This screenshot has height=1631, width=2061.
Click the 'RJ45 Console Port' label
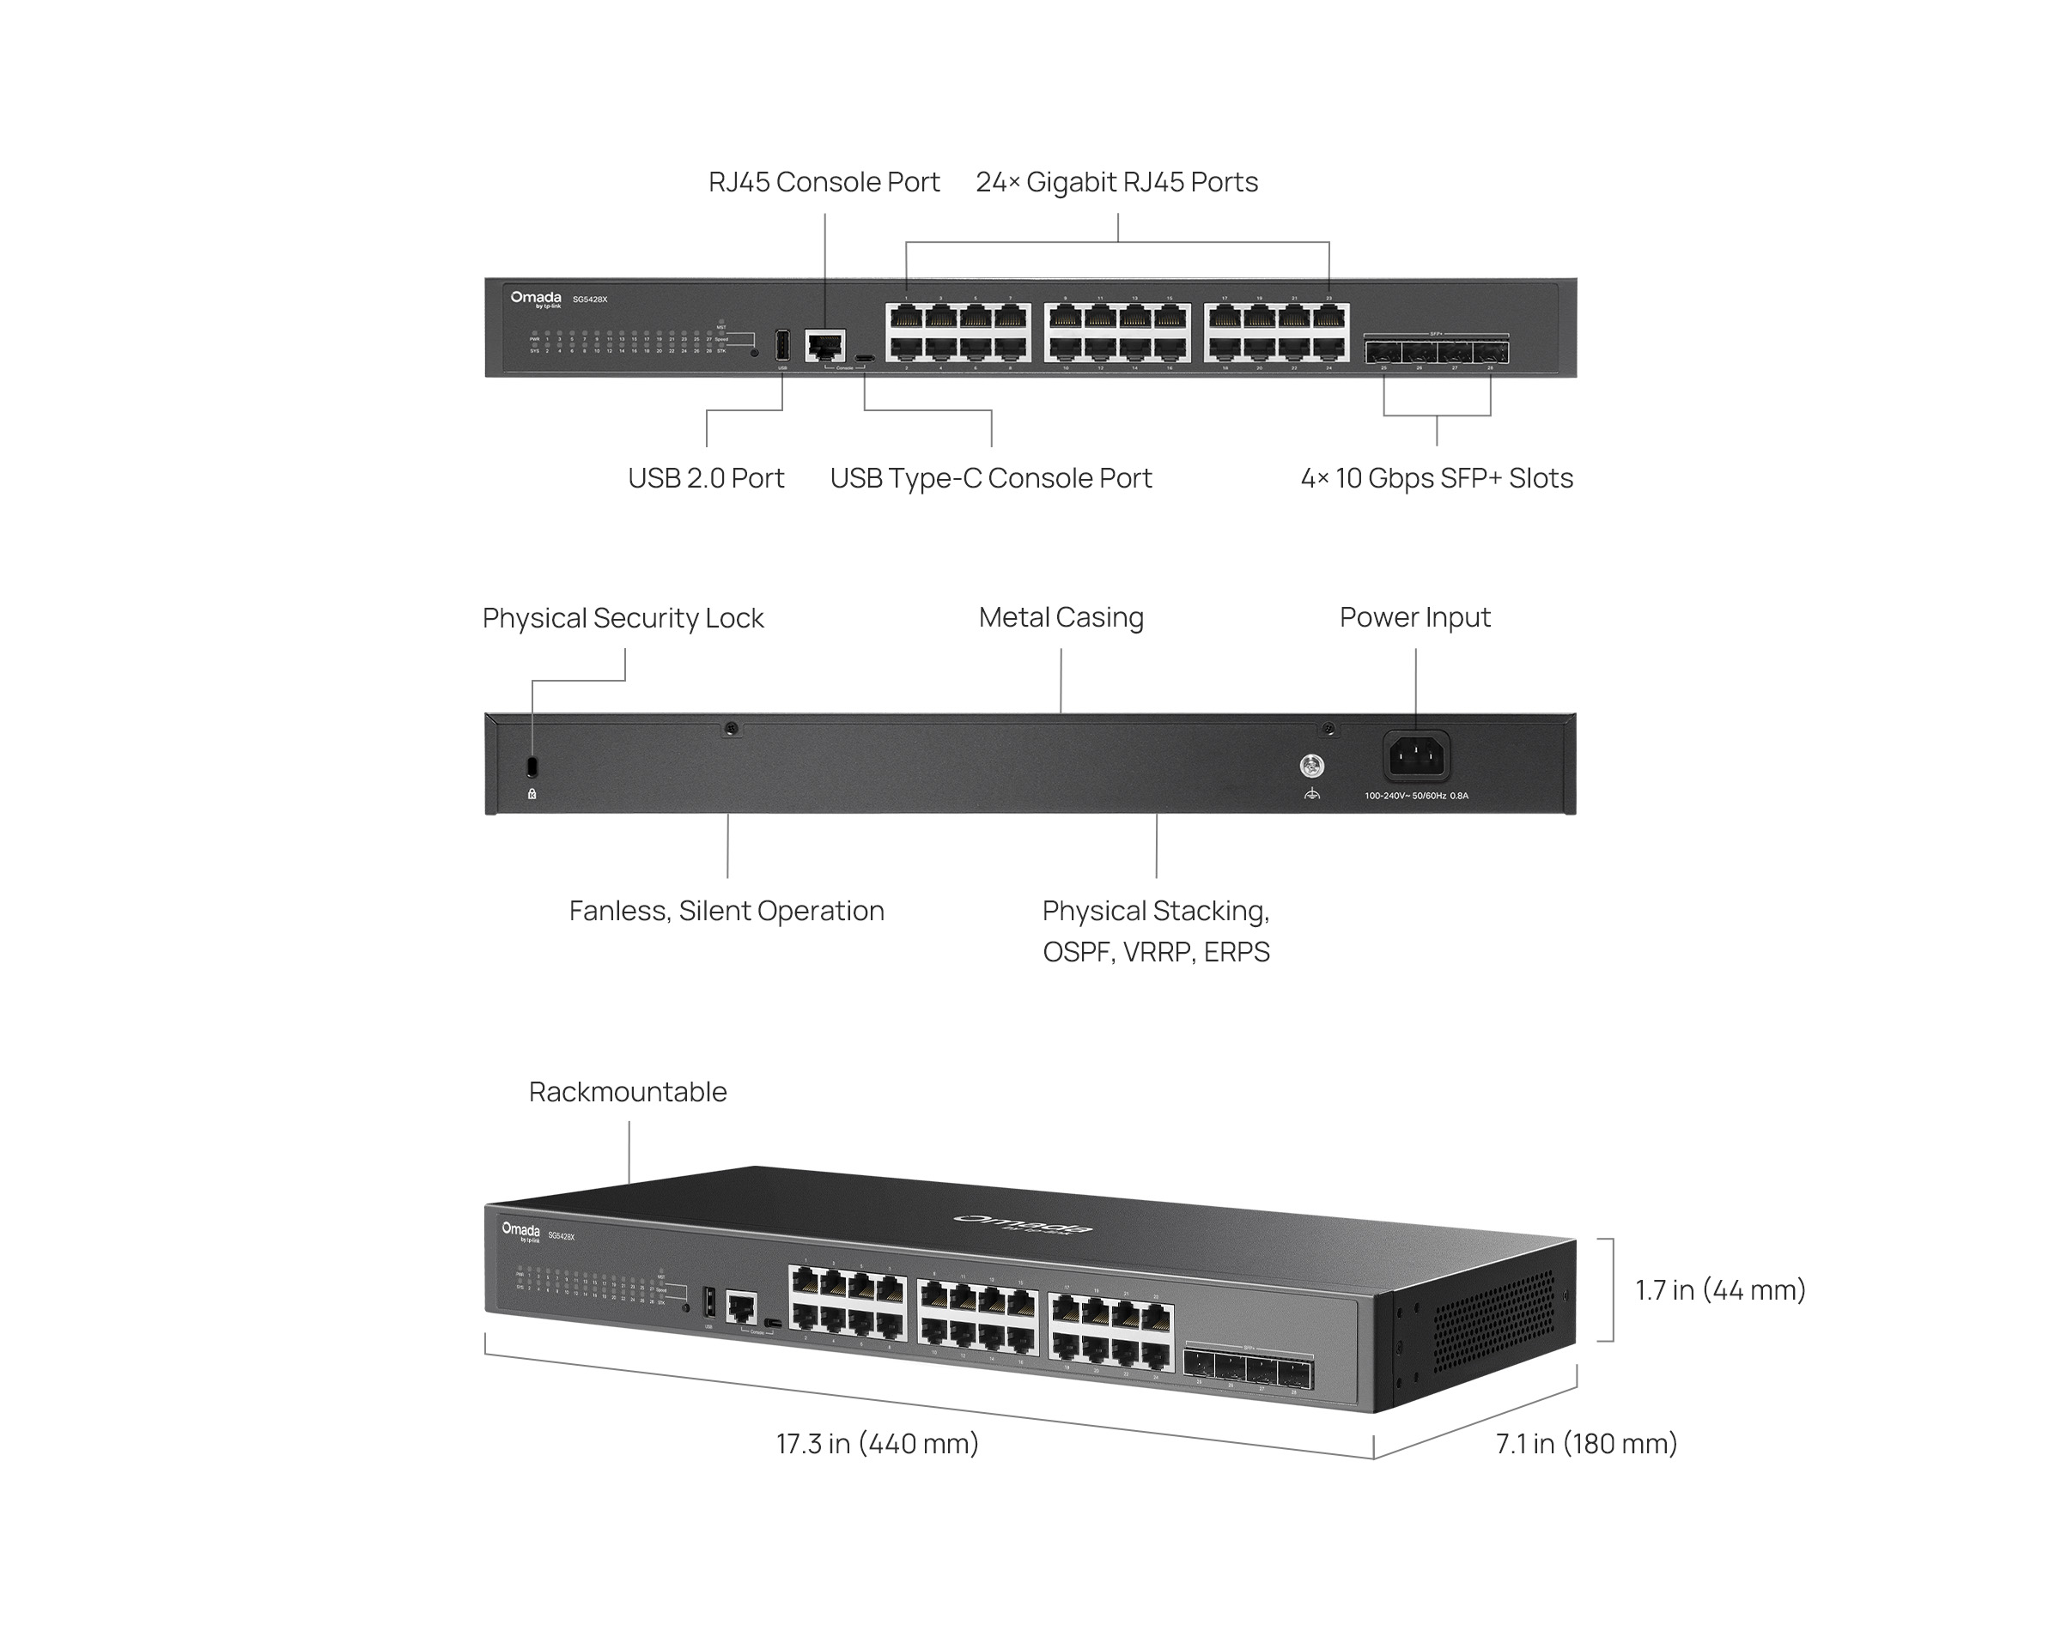pyautogui.click(x=824, y=181)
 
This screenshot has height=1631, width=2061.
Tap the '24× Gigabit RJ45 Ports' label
pyautogui.click(x=1116, y=181)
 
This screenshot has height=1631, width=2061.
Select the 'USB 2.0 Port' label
pyautogui.click(x=706, y=477)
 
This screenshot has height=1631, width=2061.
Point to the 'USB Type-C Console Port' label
pyautogui.click(x=990, y=477)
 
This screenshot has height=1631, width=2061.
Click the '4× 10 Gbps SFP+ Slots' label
pyautogui.click(x=1437, y=477)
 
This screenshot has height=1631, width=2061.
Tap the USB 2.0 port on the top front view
pyautogui.click(x=782, y=345)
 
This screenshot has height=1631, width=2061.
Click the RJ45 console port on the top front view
pyautogui.click(x=825, y=345)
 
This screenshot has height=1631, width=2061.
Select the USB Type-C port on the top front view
pyautogui.click(x=864, y=359)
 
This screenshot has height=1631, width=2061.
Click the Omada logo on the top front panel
pyautogui.click(x=536, y=299)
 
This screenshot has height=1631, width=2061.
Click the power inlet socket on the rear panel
pyautogui.click(x=1416, y=757)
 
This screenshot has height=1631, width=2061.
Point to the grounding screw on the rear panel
pyautogui.click(x=1312, y=765)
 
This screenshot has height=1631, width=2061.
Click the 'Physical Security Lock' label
pyautogui.click(x=623, y=618)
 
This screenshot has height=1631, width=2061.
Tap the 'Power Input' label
pyautogui.click(x=1414, y=617)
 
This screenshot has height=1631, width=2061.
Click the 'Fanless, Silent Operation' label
pyautogui.click(x=727, y=910)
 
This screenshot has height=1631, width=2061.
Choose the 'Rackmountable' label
pyautogui.click(x=628, y=1091)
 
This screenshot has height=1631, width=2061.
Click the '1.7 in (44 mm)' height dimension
pyautogui.click(x=1720, y=1290)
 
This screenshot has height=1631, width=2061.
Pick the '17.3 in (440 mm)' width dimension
pyautogui.click(x=877, y=1443)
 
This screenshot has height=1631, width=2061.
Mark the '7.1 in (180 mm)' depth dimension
pyautogui.click(x=1586, y=1443)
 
